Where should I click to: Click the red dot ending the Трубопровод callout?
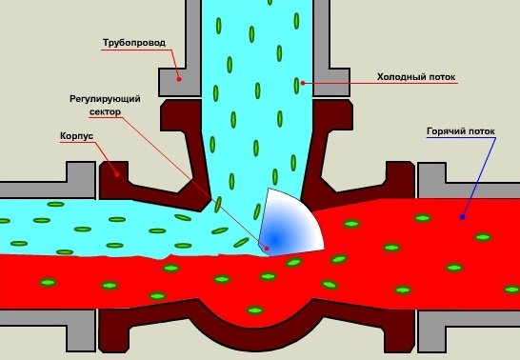tap(178, 80)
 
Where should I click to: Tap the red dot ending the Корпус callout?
tap(117, 173)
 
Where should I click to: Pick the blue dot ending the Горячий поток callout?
tap(462, 216)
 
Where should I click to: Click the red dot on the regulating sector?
tap(268, 250)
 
